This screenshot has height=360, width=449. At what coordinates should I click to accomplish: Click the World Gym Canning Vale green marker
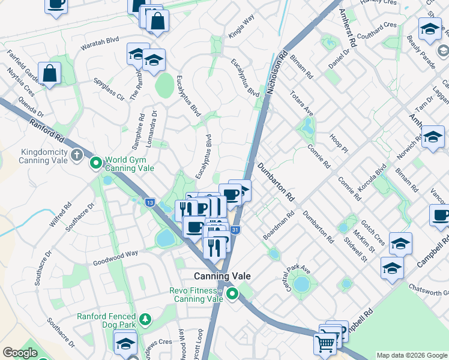coord(95,163)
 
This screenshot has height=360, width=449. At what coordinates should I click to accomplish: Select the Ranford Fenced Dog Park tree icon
coord(145,319)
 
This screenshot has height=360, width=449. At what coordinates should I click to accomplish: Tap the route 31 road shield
coord(236,230)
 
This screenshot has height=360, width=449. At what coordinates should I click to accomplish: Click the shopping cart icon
coord(325,344)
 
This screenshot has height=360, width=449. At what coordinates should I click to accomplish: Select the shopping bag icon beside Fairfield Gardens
coord(50,74)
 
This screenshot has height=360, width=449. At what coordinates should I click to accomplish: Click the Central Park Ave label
coord(298,274)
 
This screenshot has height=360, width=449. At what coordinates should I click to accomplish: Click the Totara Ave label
coord(301,103)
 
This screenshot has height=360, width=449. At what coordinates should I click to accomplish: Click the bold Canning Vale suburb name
coord(221,276)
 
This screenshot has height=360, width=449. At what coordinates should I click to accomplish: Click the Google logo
coord(20,353)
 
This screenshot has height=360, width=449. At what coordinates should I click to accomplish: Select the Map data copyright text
coord(411,355)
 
